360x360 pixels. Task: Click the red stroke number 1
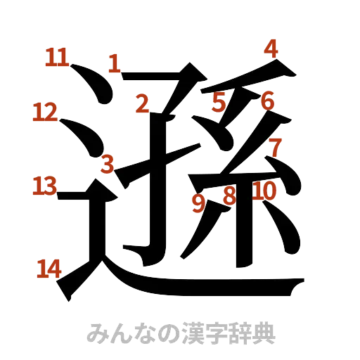coord(114,63)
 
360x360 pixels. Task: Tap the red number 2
coord(143,104)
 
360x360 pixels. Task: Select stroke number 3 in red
coord(107,164)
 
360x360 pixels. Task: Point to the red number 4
coord(271,49)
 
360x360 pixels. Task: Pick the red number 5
coord(219,103)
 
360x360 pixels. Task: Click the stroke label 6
coord(267,101)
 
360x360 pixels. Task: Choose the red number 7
coord(275,147)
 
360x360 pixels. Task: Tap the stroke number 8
coord(229,195)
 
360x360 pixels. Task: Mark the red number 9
coord(199,203)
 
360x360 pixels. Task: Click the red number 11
coord(56,57)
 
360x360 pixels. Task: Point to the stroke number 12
coord(44,112)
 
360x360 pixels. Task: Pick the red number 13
coord(44,186)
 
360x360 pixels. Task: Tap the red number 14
coord(49,269)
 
